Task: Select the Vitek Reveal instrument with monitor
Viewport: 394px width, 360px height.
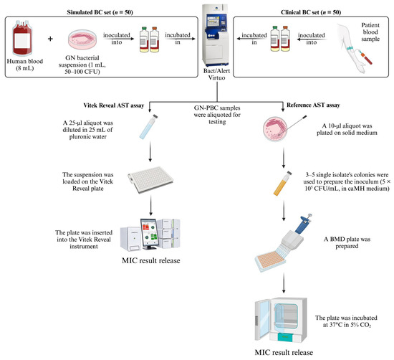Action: point(153,242)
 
